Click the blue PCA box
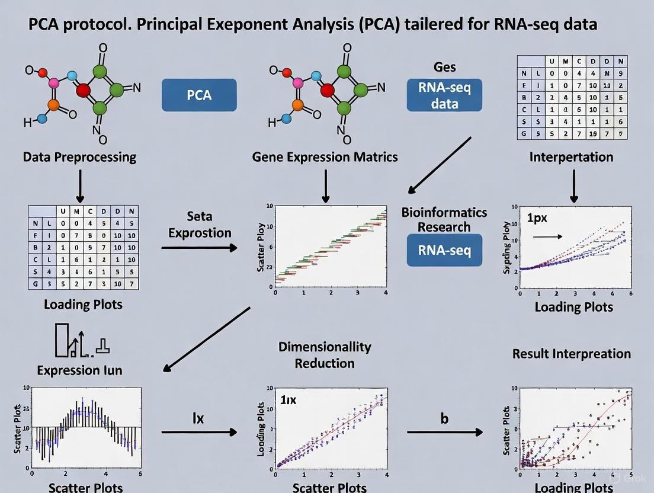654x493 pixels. [x=199, y=95]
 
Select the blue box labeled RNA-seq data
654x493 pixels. [x=444, y=95]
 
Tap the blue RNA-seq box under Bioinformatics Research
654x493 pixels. [x=444, y=249]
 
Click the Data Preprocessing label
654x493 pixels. [x=79, y=157]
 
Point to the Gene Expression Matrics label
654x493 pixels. [x=325, y=157]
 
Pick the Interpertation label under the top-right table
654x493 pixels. [x=572, y=157]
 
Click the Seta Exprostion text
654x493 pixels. [x=199, y=225]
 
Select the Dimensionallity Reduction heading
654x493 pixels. [x=325, y=354]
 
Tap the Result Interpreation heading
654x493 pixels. [x=572, y=354]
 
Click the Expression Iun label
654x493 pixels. [x=79, y=370]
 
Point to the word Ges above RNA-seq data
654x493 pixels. [x=444, y=67]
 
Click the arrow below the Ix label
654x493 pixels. [x=199, y=432]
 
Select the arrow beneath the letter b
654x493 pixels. [x=444, y=432]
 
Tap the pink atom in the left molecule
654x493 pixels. [x=54, y=83]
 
